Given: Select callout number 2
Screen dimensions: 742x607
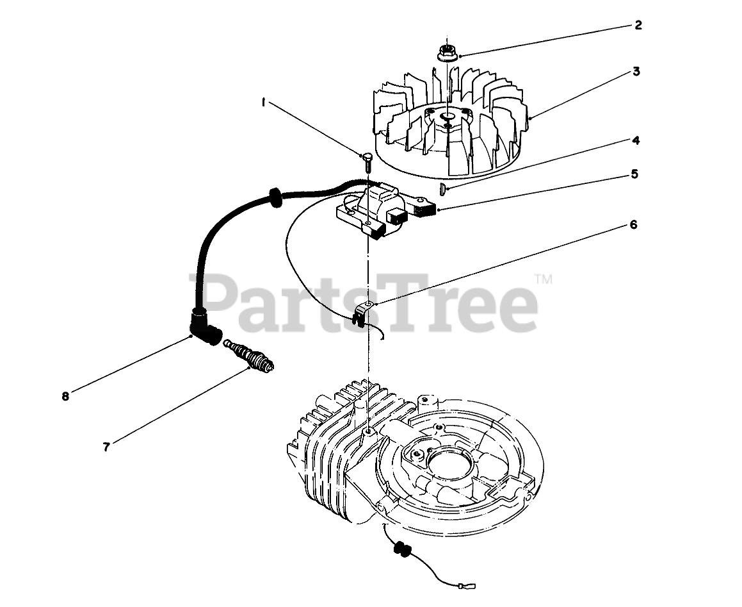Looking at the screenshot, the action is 638,26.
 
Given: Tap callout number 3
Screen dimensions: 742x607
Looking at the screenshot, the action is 636,71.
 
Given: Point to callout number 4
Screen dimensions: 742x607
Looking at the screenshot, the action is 635,140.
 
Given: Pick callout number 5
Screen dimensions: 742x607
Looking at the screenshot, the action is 634,173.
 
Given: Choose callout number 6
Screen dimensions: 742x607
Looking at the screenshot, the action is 633,225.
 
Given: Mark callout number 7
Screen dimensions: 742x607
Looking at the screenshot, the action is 107,447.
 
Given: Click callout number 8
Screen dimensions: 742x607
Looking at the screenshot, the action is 65,396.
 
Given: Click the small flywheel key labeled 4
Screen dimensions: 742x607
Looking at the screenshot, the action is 442,188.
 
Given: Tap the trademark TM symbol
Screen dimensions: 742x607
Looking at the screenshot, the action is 543,279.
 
